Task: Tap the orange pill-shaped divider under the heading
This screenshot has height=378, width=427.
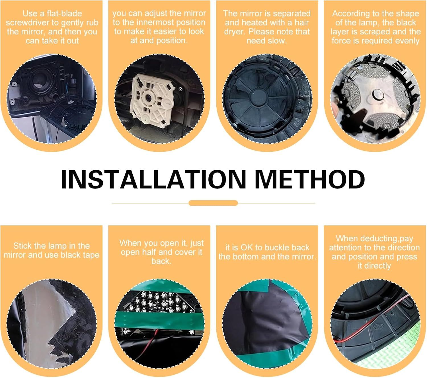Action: [213, 203]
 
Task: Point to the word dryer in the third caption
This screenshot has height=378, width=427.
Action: [234, 32]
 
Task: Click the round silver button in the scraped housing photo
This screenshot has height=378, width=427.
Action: [377, 94]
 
